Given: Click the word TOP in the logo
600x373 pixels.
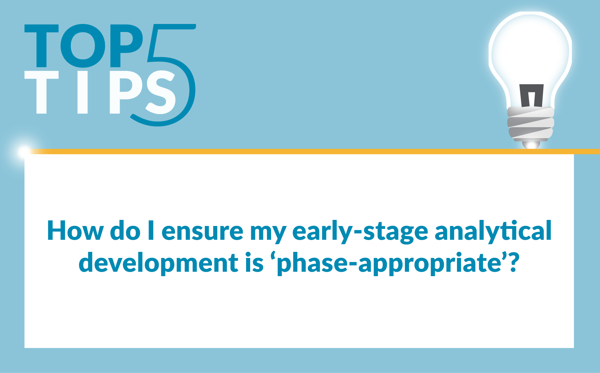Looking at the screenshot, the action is coord(84,46).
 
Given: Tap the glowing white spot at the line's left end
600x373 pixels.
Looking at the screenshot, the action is coord(23,152).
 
